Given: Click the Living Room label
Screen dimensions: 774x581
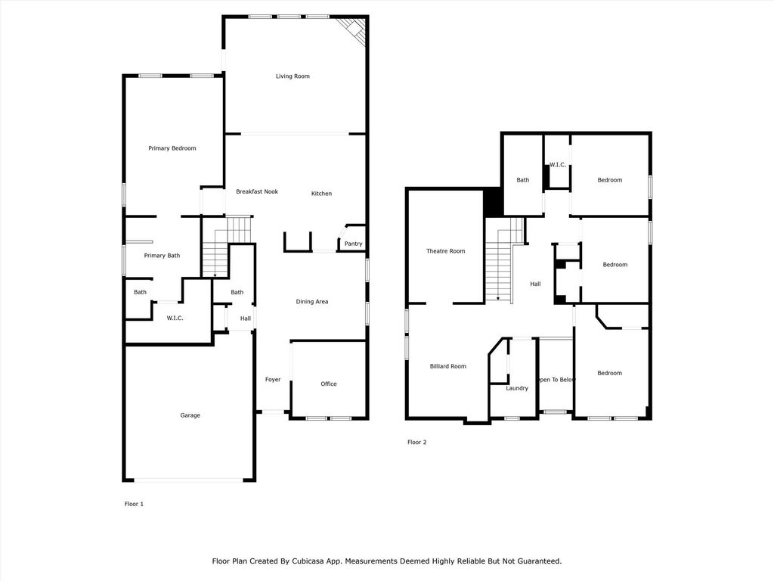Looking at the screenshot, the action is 293,76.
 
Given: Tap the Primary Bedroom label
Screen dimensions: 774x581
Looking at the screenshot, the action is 172,148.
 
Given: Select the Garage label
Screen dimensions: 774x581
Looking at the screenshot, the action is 190,415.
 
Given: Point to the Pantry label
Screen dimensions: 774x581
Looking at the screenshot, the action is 354,244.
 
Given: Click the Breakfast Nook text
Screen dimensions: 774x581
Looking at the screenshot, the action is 257,191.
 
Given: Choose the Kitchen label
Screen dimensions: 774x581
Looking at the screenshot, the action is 321,194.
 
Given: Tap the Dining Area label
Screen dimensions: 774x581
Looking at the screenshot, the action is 312,302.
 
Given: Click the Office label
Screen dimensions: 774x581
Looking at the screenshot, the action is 329,384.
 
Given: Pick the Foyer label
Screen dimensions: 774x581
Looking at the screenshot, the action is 273,380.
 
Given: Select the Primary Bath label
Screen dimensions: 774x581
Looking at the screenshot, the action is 162,256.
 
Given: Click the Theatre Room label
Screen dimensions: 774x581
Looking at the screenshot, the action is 446,251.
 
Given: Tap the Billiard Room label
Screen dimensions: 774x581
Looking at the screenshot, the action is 447,366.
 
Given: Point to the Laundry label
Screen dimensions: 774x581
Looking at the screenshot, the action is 517,388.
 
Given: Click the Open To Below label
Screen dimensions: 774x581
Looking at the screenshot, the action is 556,380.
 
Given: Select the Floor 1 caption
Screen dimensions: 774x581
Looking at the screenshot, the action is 134,504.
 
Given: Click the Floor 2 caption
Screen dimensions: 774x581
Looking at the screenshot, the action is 417,442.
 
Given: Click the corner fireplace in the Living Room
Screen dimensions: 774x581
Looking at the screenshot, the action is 355,30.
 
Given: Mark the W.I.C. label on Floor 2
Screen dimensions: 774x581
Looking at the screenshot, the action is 558,164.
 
